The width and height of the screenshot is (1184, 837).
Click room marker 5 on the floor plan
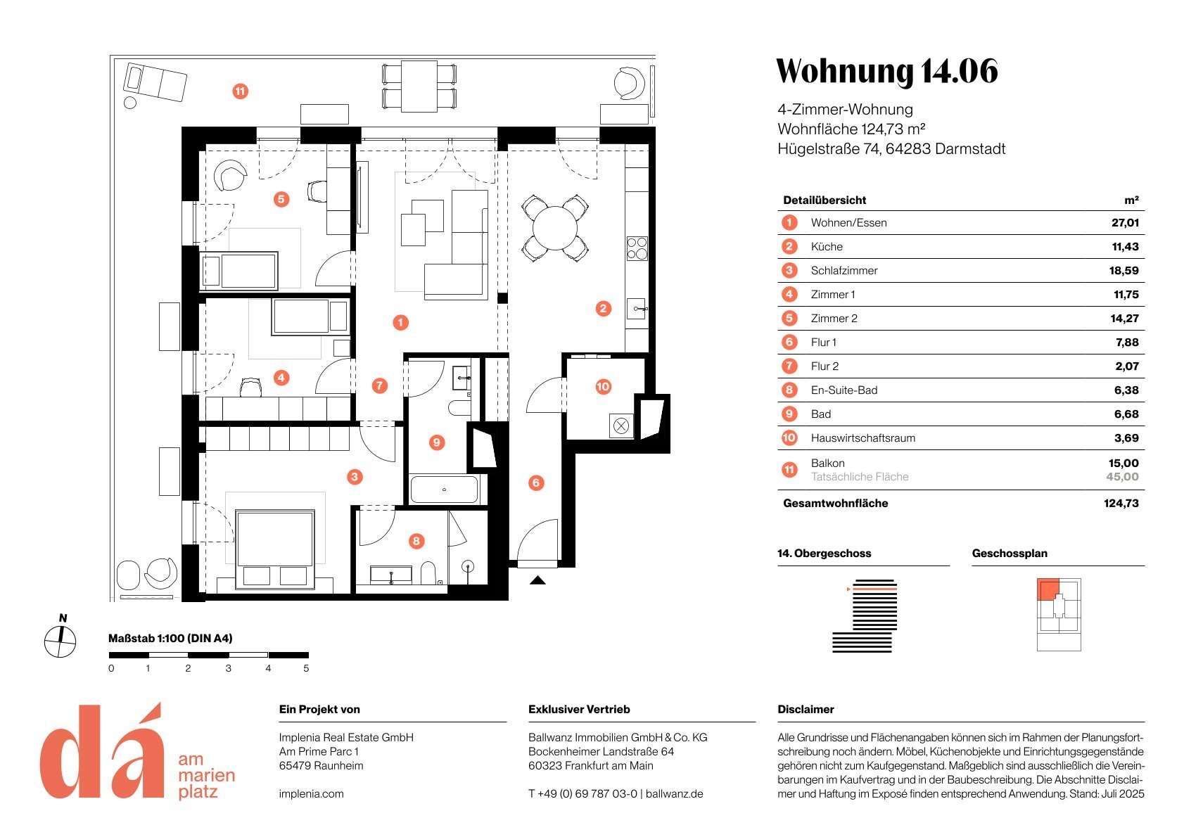click(x=281, y=199)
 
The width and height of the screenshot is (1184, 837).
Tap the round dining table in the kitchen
click(x=554, y=229)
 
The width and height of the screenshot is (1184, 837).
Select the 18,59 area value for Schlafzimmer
click(x=1123, y=271)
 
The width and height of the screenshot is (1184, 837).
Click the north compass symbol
click(x=61, y=641)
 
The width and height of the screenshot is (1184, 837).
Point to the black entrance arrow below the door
click(x=537, y=580)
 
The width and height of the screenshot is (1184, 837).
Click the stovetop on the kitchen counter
click(x=637, y=248)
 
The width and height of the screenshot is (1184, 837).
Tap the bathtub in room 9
click(x=445, y=490)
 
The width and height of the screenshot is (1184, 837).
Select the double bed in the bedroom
click(x=275, y=549)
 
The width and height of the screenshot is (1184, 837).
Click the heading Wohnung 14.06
click(x=887, y=71)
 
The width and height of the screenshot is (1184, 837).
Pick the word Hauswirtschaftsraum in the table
click(x=862, y=438)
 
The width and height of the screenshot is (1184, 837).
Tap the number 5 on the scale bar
click(x=306, y=668)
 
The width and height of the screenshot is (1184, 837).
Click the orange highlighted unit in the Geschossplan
click(x=1048, y=589)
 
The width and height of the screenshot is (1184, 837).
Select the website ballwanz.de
click(x=675, y=793)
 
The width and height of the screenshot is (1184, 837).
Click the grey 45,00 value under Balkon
click(x=1123, y=477)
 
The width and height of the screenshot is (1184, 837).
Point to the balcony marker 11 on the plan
click(x=241, y=91)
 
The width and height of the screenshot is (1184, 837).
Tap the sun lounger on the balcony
click(x=155, y=82)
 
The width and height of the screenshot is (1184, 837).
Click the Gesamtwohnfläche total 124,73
click(x=1121, y=503)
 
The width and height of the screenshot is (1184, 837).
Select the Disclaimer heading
click(x=806, y=709)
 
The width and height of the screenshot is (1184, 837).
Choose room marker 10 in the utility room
click(x=603, y=387)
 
